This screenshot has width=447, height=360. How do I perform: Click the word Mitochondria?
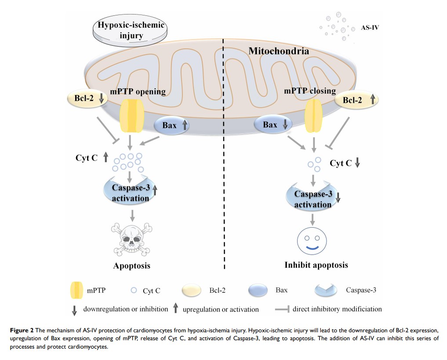[x=279, y=51]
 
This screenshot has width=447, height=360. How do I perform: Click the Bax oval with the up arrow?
[x=172, y=126]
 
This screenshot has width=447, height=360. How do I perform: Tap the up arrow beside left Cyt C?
[x=105, y=157]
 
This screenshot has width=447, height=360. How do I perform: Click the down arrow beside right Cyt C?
[x=357, y=164]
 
